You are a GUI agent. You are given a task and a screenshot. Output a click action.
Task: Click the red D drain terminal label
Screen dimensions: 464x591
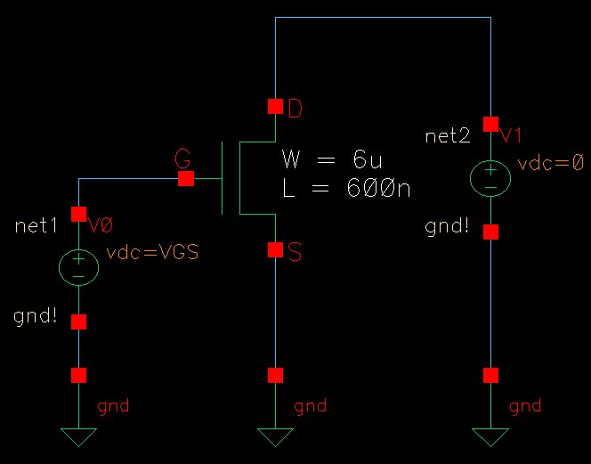(295, 110)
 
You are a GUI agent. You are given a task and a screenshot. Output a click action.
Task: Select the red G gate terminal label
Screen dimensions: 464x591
(182, 159)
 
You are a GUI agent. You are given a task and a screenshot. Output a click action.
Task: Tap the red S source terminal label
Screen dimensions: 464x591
(295, 253)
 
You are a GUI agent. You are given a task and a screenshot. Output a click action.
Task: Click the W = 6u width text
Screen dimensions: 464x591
(332, 160)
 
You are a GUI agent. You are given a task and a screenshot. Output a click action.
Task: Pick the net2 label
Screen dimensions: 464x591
(449, 135)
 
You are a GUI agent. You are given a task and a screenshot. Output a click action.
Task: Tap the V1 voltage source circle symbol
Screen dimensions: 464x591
(490, 177)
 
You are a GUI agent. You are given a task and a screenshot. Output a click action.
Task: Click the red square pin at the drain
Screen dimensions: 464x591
(275, 107)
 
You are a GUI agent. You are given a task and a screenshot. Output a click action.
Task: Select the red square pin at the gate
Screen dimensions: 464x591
(186, 179)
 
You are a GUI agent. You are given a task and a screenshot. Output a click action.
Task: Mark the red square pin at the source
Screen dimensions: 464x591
(275, 250)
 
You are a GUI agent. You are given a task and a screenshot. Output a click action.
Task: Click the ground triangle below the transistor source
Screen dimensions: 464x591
(275, 436)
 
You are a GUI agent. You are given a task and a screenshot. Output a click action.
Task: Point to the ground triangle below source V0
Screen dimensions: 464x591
(79, 436)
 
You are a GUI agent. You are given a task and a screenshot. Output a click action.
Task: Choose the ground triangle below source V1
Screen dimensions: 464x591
(490, 436)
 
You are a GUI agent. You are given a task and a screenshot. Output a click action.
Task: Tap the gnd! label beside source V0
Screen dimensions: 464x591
(37, 315)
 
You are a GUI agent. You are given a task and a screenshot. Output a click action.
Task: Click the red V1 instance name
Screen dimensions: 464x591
(513, 135)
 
